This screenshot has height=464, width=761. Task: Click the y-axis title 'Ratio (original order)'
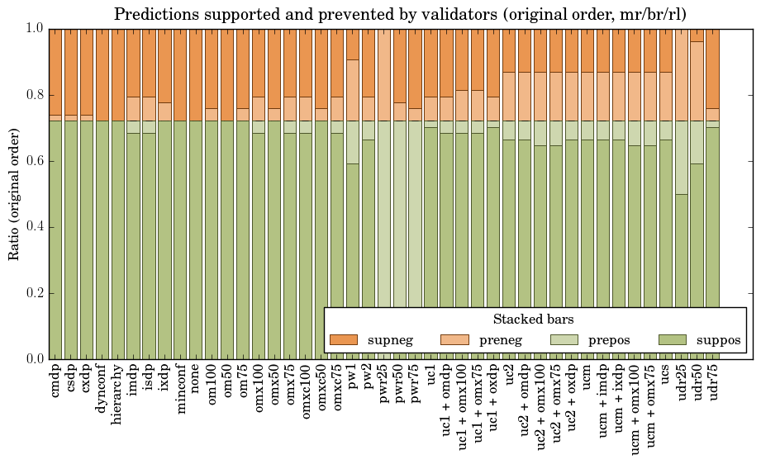(14, 193)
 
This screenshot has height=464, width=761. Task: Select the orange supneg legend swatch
(343, 339)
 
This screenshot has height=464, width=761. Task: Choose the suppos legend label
(718, 339)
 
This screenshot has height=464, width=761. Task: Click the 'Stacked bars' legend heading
(533, 319)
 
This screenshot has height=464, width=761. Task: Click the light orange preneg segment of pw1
(353, 90)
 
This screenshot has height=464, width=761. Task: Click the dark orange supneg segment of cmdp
(56, 71)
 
